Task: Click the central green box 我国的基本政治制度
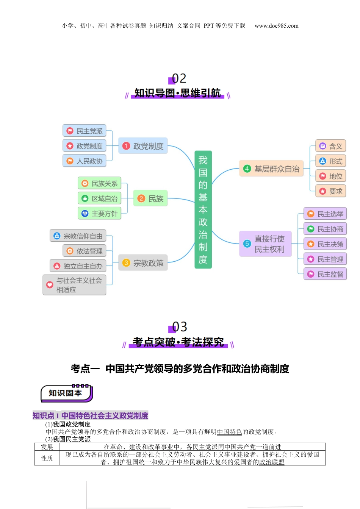203,209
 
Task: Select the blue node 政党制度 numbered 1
143,146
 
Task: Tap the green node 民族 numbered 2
150,198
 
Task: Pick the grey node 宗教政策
143,263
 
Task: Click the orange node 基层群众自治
271,169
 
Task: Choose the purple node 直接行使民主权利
265,244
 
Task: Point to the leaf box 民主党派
84,131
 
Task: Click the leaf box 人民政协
84,161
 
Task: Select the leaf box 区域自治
99,198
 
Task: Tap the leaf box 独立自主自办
78,266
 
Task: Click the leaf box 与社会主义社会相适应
74,285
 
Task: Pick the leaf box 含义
331,146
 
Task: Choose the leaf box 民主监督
325,274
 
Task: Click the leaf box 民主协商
325,229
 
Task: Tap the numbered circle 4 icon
247,169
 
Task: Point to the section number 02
179,78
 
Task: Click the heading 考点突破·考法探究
178,342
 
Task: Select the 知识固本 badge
66,393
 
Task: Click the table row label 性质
47,458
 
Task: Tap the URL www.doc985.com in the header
276,26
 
